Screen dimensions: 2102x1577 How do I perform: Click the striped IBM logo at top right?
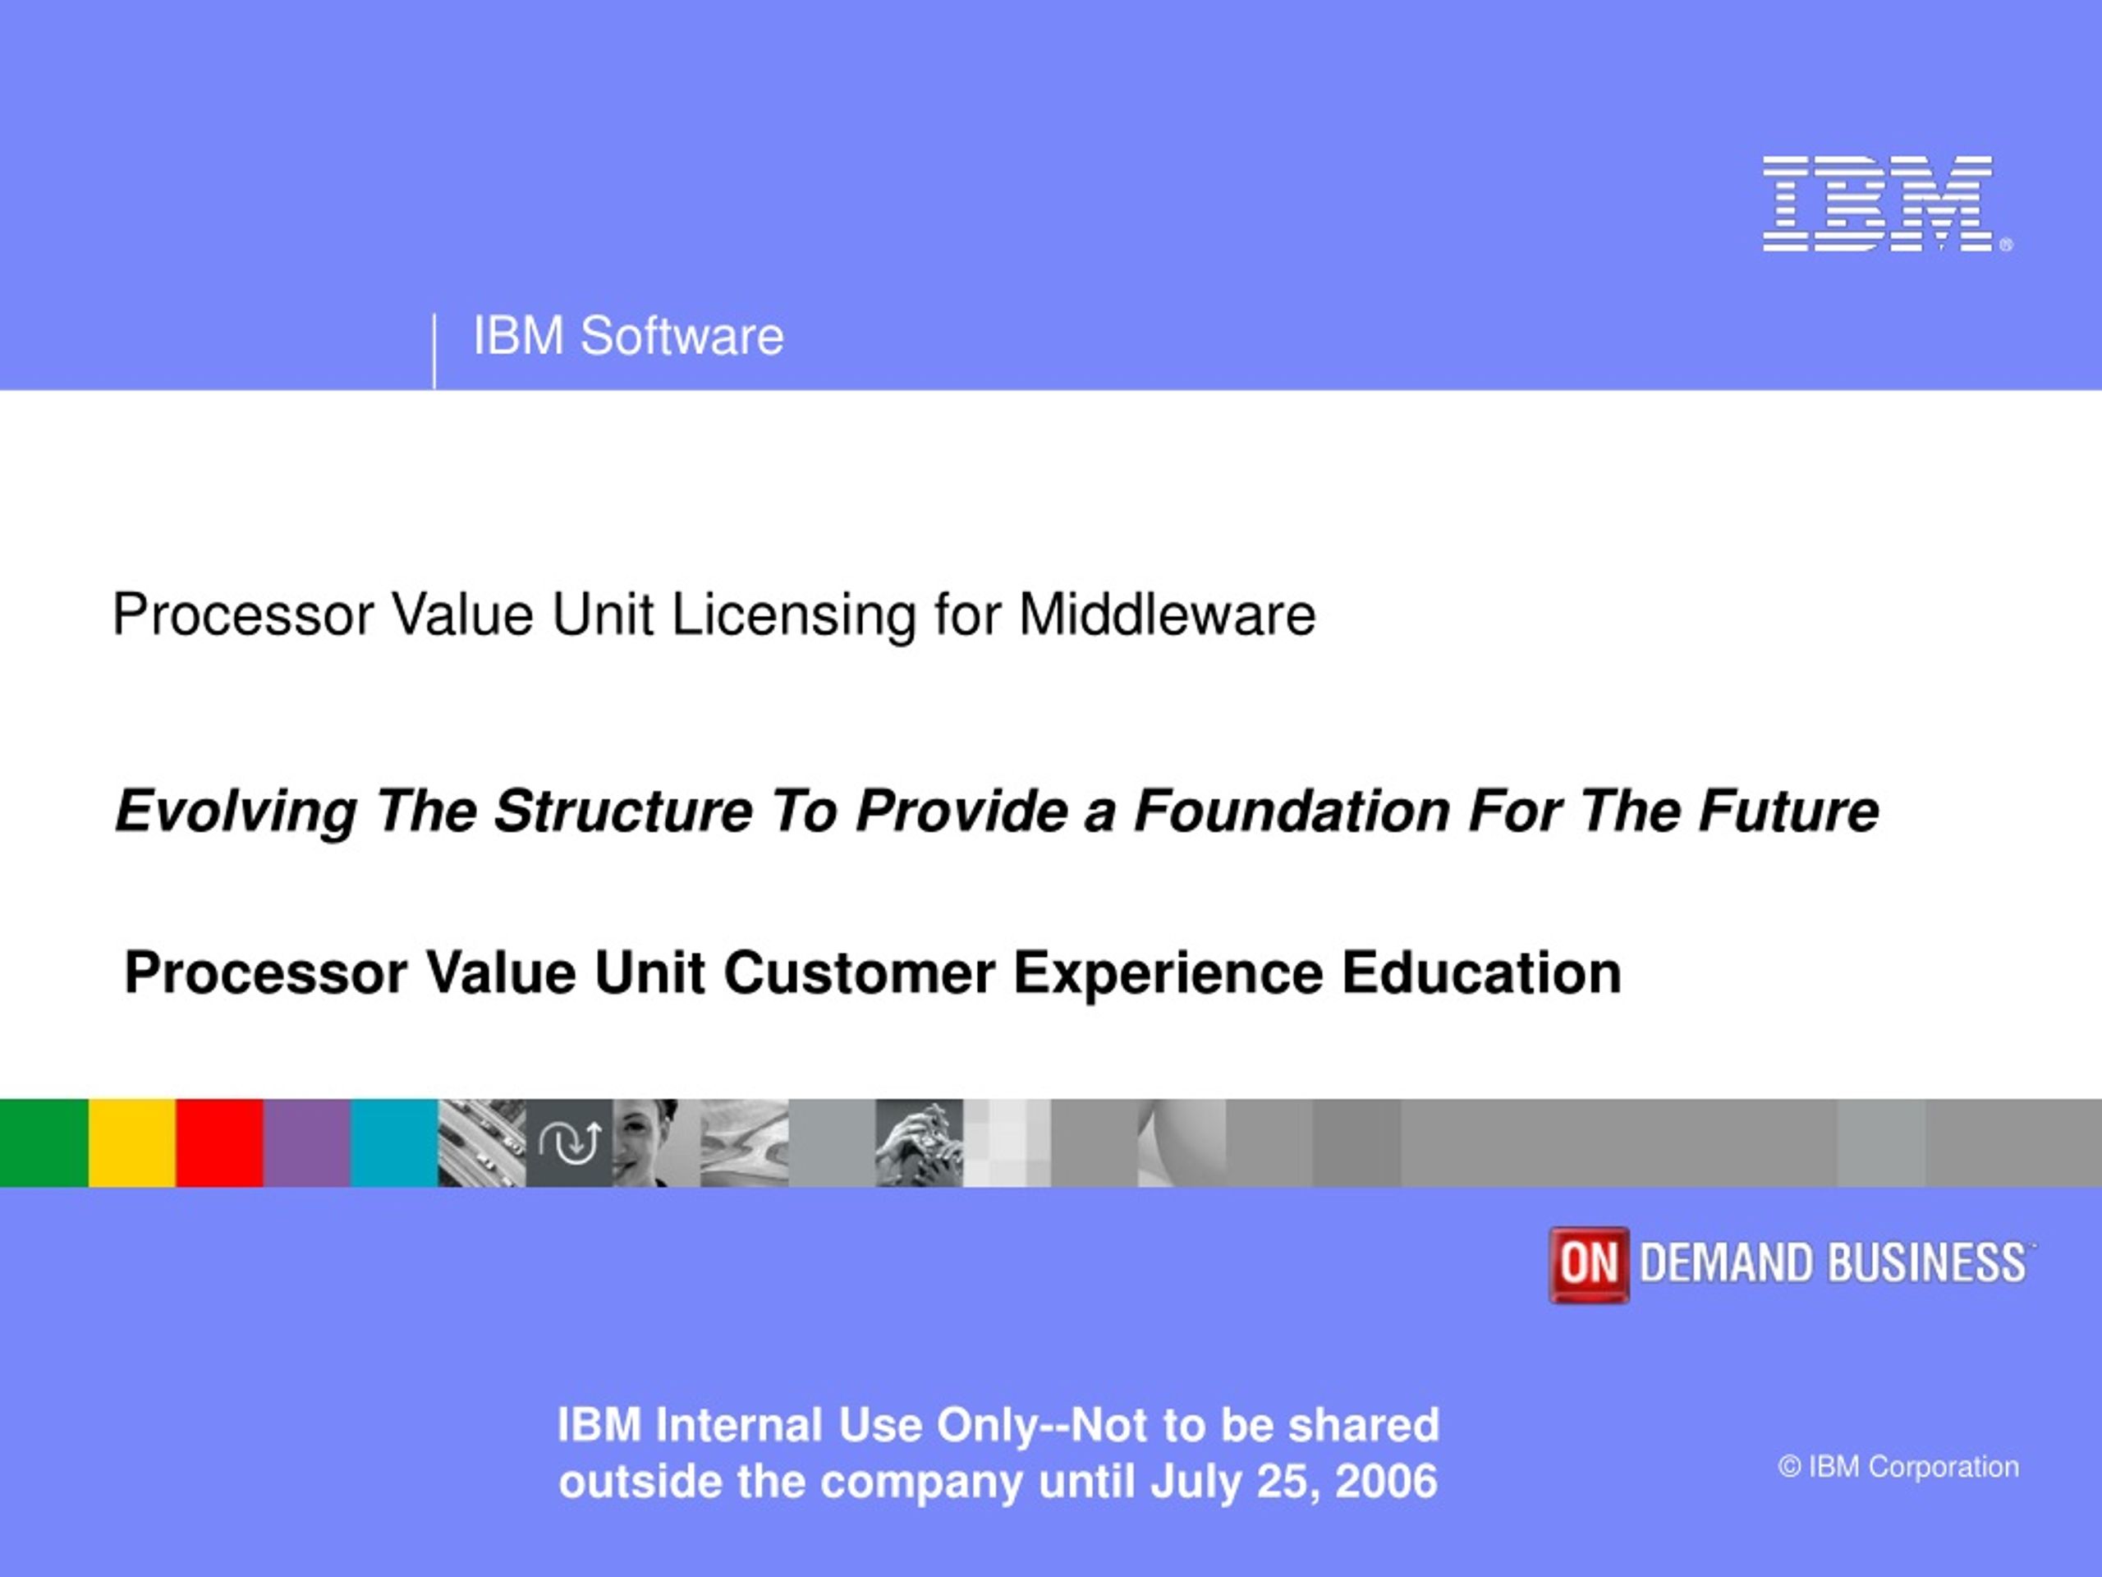click(x=1886, y=204)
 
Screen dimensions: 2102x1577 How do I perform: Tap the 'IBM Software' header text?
click(x=628, y=337)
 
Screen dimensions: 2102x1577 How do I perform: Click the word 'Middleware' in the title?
click(x=1167, y=614)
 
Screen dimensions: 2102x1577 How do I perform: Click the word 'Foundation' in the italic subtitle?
click(x=1292, y=811)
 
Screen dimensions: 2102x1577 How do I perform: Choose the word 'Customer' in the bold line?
click(x=859, y=972)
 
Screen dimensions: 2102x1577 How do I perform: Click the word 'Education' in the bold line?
click(x=1481, y=972)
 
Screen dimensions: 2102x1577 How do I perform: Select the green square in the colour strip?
click(x=44, y=1143)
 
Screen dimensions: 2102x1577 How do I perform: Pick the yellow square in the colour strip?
click(x=132, y=1143)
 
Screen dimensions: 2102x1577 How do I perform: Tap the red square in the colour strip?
click(x=219, y=1143)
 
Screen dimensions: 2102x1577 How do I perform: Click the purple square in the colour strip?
click(x=307, y=1143)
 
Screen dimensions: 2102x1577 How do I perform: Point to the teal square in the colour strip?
click(x=394, y=1143)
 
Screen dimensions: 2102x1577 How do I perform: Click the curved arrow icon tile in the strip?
click(x=569, y=1143)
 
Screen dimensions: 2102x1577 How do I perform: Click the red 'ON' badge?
click(x=1588, y=1264)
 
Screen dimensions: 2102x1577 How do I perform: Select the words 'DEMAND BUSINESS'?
click(x=1833, y=1263)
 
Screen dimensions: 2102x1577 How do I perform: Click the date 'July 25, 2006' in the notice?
click(x=1293, y=1482)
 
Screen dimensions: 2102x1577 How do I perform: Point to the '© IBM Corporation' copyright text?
click(x=1898, y=1467)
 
